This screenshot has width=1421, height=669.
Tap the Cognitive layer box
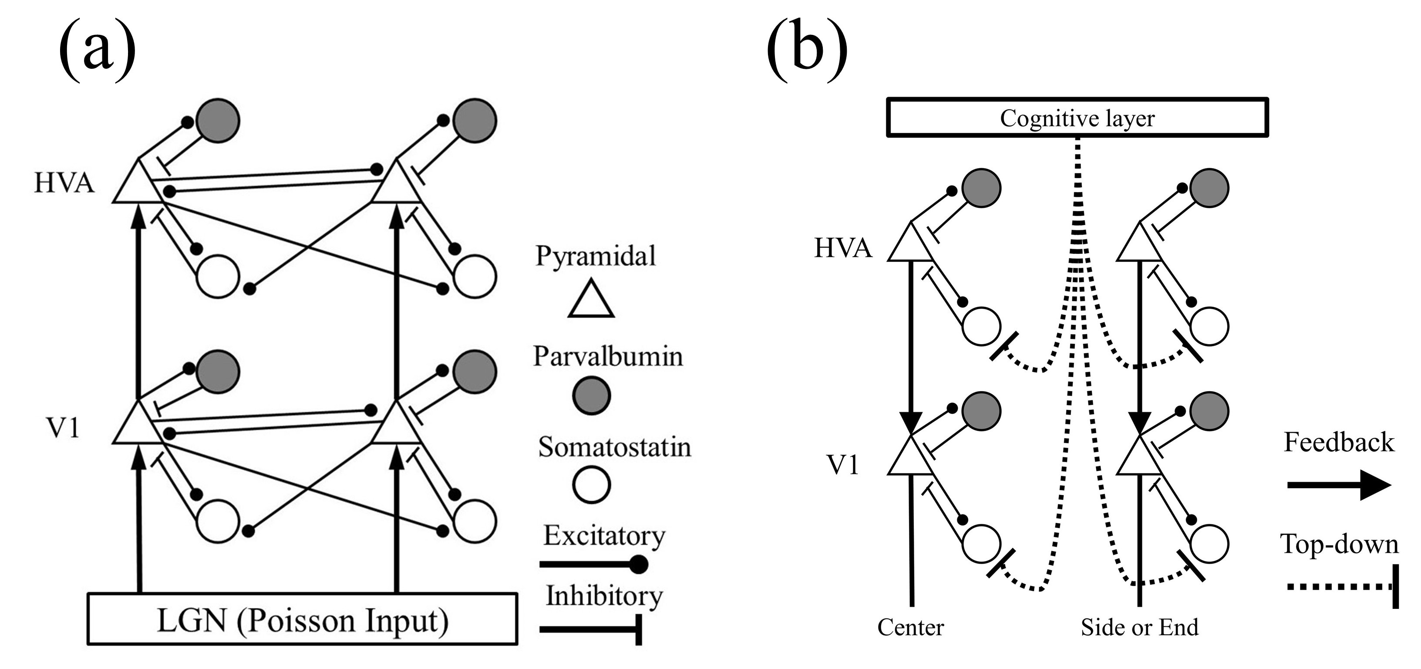1077,118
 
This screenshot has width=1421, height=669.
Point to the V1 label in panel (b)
843,465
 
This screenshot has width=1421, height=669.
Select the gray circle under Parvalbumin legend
591,395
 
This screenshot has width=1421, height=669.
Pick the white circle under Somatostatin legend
591,485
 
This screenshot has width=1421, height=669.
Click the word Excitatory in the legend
604,535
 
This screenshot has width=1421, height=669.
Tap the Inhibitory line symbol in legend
590,629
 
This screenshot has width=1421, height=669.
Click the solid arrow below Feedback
1339,485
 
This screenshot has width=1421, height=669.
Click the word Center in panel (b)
911,628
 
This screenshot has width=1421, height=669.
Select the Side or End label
1140,628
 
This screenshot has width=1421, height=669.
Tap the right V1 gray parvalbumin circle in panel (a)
475,372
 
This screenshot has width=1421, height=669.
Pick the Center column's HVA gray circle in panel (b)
981,188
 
